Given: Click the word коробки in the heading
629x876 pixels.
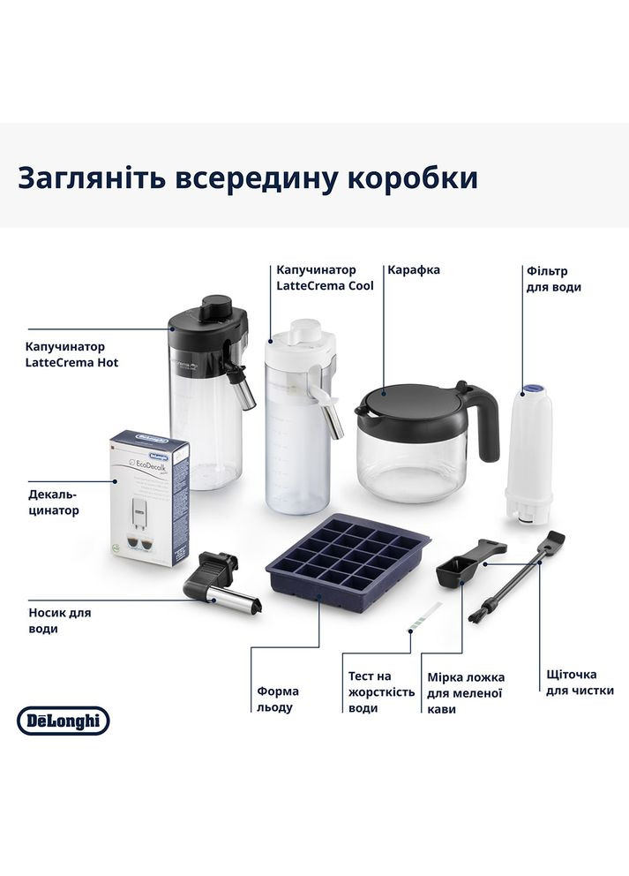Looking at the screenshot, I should (x=411, y=177).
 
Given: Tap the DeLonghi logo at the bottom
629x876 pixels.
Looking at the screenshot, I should (x=63, y=721).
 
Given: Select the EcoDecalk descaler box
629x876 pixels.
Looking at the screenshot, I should (x=147, y=496).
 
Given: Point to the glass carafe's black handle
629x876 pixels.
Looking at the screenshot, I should (x=484, y=420).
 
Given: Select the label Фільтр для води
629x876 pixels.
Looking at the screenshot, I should (x=553, y=279).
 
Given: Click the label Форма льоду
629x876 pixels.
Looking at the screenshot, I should (x=278, y=699).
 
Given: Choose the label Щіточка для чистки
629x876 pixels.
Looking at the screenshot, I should (x=580, y=682).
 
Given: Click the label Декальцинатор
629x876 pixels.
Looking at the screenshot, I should (x=52, y=502).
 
